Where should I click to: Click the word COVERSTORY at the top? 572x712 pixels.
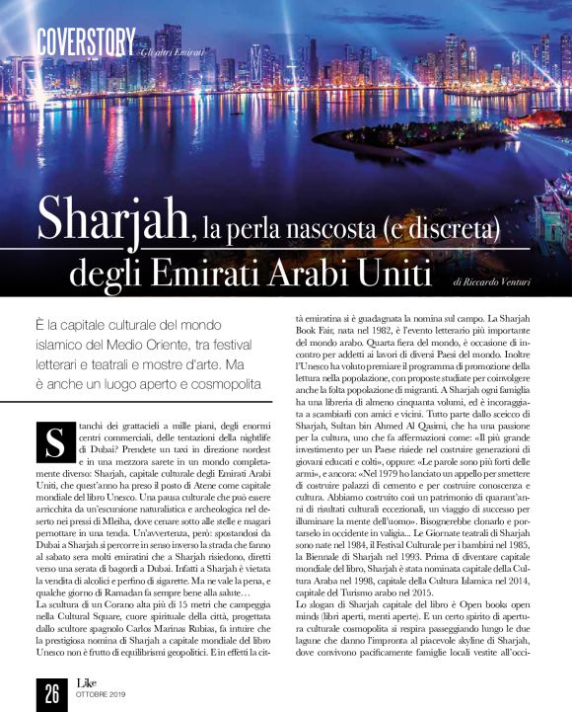tap(85, 41)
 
